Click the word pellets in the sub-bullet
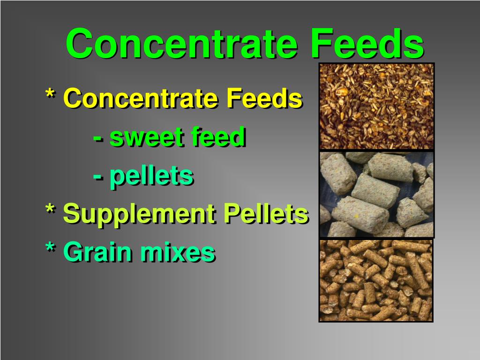[151, 176]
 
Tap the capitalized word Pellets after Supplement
[265, 214]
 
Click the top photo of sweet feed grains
[376, 106]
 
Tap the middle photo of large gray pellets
[376, 194]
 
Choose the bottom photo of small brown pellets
[375, 280]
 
